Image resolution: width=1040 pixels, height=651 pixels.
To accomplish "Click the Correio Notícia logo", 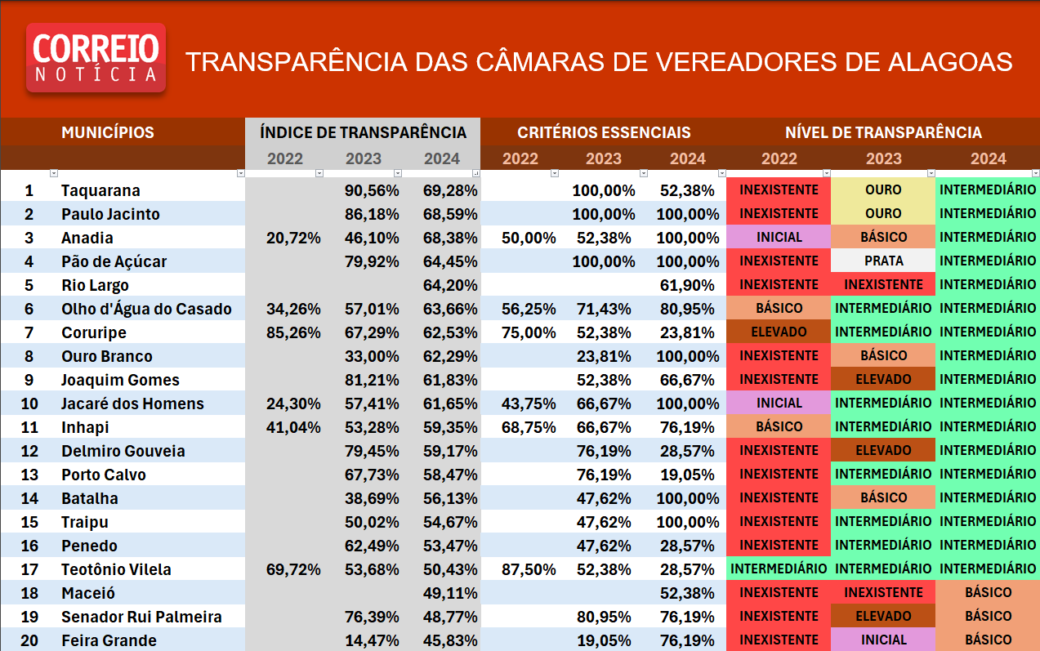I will tap(96, 57).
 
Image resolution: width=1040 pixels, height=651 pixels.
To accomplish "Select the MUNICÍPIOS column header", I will tap(107, 132).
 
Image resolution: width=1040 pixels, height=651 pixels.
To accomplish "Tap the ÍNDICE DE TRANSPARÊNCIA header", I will tap(363, 132).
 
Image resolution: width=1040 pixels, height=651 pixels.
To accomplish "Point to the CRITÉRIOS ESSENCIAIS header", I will tap(604, 132).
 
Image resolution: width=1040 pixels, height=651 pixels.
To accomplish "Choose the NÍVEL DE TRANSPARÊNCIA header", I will tap(883, 132).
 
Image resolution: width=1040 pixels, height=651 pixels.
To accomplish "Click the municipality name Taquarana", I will tap(100, 190).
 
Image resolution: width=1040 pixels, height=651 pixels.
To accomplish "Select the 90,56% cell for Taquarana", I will tap(372, 190).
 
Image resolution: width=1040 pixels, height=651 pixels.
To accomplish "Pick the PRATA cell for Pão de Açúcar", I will tap(883, 261).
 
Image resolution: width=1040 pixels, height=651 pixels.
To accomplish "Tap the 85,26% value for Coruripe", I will tap(293, 332).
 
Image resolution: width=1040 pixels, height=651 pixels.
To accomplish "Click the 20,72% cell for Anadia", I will tap(293, 238).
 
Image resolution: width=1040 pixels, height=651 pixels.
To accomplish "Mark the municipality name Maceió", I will tap(88, 593).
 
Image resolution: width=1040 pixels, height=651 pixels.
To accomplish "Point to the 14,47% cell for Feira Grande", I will tap(372, 640).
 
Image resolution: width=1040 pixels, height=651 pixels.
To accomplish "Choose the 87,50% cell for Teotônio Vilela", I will tap(529, 569).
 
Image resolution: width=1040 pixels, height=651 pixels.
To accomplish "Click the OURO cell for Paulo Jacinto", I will tap(883, 214).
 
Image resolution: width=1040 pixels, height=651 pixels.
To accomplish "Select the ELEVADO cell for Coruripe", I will tap(779, 332).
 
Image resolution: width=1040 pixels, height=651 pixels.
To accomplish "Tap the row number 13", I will tap(29, 475).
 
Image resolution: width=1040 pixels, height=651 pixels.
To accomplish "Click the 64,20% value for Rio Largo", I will tap(450, 285).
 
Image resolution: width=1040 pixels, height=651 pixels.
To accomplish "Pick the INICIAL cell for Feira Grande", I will tap(883, 640).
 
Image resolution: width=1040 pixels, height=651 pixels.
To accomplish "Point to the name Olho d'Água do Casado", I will tap(146, 309).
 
